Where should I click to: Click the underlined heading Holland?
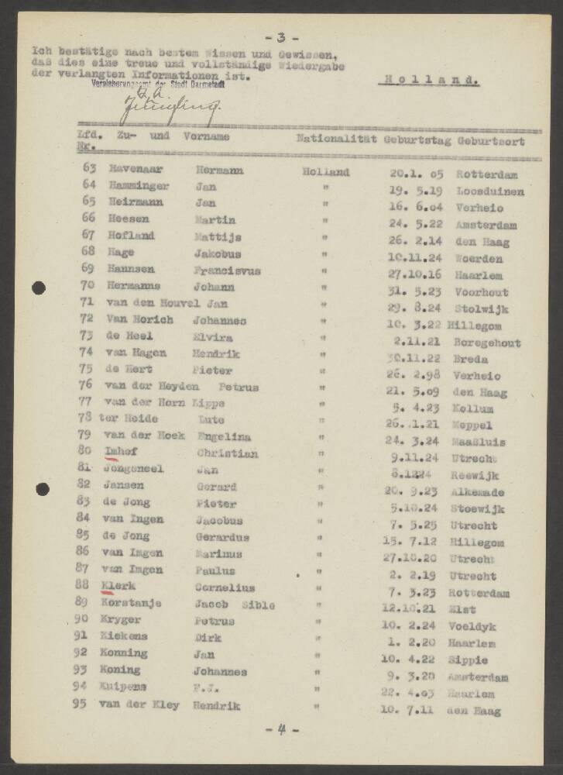pyautogui.click(x=431, y=80)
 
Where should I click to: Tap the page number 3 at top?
pyautogui.click(x=281, y=37)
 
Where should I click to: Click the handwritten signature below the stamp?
pyautogui.click(x=166, y=110)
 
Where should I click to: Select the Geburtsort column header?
pyautogui.click(x=491, y=141)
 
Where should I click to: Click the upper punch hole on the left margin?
pyautogui.click(x=39, y=288)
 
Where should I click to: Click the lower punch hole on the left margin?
pyautogui.click(x=42, y=489)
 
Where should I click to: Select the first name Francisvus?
pyautogui.click(x=227, y=270)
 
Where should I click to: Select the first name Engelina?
pyautogui.click(x=223, y=436)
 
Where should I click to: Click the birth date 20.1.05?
pyautogui.click(x=414, y=174)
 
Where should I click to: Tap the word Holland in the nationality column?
pyautogui.click(x=325, y=173)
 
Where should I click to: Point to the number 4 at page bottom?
pyautogui.click(x=281, y=729)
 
